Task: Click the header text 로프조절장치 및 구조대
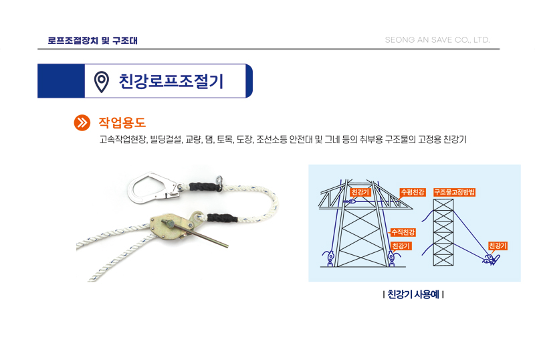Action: pyautogui.click(x=92, y=40)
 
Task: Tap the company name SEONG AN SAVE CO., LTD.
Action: pyautogui.click(x=437, y=40)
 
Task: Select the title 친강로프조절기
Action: pyautogui.click(x=171, y=81)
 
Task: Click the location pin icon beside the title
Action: pyautogui.click(x=102, y=82)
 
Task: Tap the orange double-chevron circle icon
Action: pyautogui.click(x=82, y=122)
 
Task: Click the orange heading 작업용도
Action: pyautogui.click(x=122, y=122)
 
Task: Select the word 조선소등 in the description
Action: pyautogui.click(x=272, y=139)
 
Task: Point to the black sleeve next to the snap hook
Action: pyautogui.click(x=205, y=187)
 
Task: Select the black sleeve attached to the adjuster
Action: pyautogui.click(x=222, y=217)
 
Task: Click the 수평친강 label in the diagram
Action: pyautogui.click(x=413, y=192)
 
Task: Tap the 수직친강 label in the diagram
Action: pyautogui.click(x=403, y=232)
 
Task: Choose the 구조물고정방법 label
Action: pyautogui.click(x=454, y=192)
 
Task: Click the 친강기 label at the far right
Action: pyautogui.click(x=498, y=246)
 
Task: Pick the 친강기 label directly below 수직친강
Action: pyautogui.click(x=401, y=246)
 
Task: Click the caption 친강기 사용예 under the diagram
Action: pyautogui.click(x=413, y=294)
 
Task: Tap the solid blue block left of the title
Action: pyautogui.click(x=61, y=81)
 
